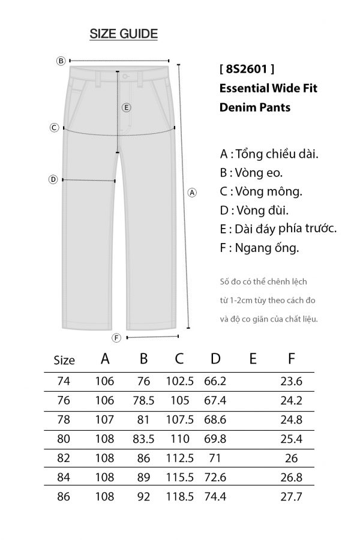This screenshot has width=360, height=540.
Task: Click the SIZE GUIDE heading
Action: [x=124, y=34]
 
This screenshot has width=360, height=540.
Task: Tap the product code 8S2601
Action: [x=248, y=68]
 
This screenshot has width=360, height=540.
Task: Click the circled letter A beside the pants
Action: [x=192, y=193]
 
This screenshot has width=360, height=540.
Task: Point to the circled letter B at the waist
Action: [x=61, y=61]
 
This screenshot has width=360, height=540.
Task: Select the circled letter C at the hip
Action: [x=54, y=127]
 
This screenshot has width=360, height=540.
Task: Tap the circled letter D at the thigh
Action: [x=53, y=179]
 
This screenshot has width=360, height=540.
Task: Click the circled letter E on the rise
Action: [x=126, y=108]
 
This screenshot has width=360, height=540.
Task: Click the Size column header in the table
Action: [x=64, y=361]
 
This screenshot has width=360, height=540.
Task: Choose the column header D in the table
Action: [x=216, y=359]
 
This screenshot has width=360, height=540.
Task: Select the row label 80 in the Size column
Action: [x=64, y=439]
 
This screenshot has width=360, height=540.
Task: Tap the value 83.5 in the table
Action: [x=143, y=439]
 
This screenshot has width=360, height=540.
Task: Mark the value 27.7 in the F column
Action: [x=291, y=497]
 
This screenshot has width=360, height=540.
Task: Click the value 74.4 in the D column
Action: [x=215, y=497]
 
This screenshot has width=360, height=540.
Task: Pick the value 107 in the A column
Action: [x=105, y=419]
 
